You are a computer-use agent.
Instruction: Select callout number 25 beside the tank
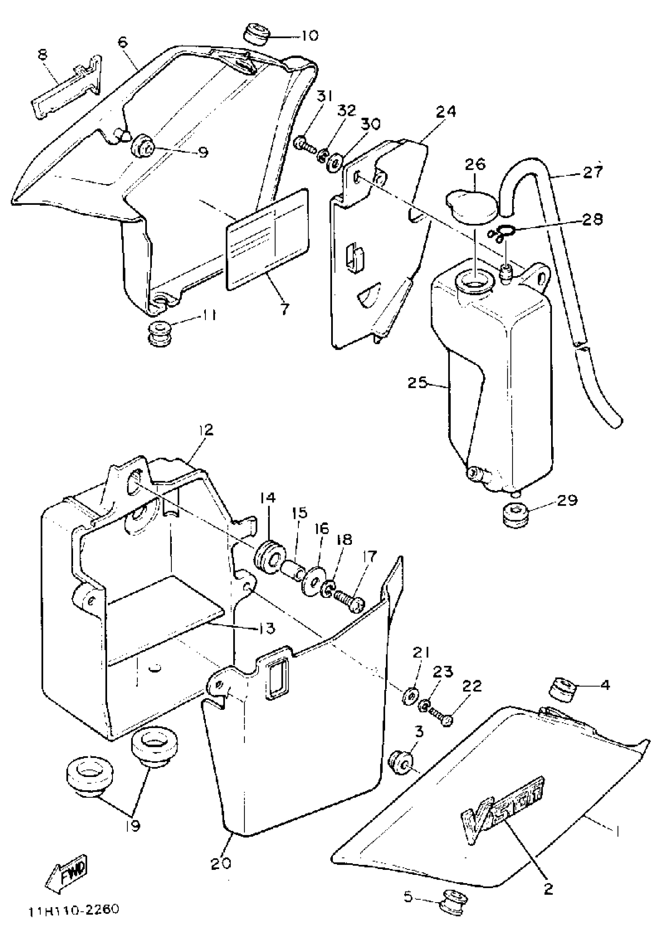pyautogui.click(x=418, y=383)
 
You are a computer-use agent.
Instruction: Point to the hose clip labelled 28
pyautogui.click(x=498, y=234)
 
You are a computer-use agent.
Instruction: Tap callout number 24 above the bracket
pyautogui.click(x=446, y=112)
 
